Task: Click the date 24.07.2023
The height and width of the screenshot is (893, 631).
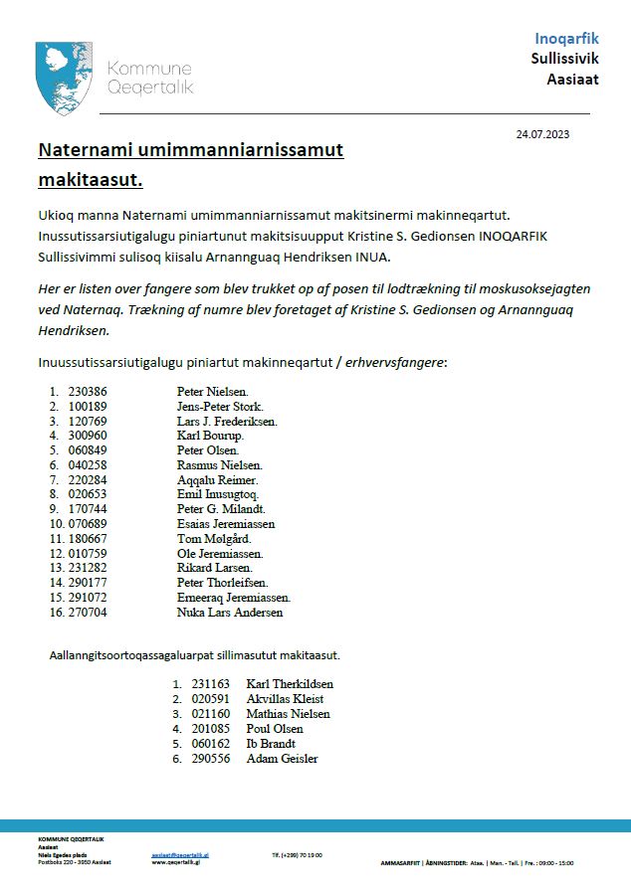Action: [542, 133]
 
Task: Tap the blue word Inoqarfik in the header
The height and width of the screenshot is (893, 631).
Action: [566, 39]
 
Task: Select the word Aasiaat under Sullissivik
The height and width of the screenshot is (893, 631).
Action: [573, 79]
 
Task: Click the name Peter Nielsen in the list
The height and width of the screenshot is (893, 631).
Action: [213, 391]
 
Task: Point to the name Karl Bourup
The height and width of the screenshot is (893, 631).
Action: [210, 436]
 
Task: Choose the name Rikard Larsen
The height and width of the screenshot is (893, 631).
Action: [214, 568]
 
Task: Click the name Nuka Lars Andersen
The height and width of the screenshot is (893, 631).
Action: [230, 613]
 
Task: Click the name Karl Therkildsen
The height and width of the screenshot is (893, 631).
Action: [290, 684]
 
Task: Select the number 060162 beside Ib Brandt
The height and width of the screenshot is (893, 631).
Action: [211, 744]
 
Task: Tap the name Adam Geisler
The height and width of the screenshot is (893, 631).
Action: [282, 759]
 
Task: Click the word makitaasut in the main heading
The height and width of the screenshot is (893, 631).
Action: [90, 180]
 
